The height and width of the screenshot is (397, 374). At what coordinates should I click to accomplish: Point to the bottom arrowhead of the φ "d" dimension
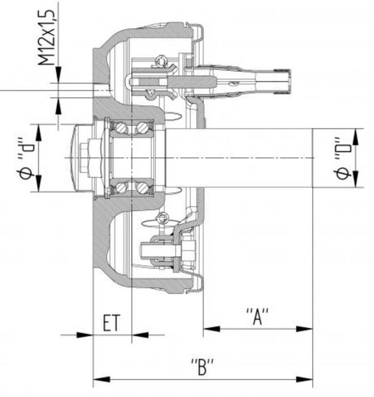[x=39, y=186]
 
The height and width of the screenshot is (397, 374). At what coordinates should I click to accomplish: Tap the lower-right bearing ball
[x=142, y=186]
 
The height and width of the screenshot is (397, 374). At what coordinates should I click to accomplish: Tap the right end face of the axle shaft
[x=313, y=157]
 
